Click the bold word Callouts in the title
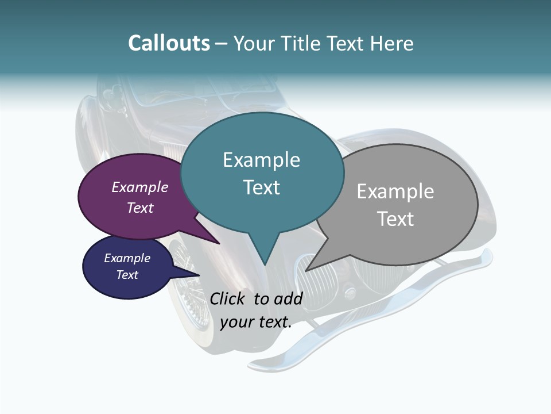pyautogui.click(x=169, y=44)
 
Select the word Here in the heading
pyautogui.click(x=392, y=44)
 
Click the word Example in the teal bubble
pyautogui.click(x=261, y=160)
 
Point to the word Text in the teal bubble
pyautogui.click(x=261, y=187)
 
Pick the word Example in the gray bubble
pyautogui.click(x=395, y=191)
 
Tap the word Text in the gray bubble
pyautogui.click(x=395, y=219)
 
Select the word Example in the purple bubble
pyautogui.click(x=140, y=187)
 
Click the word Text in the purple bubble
pyautogui.click(x=140, y=208)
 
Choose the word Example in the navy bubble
pyautogui.click(x=127, y=258)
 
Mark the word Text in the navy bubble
pyautogui.click(x=127, y=275)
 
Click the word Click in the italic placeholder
pyautogui.click(x=229, y=298)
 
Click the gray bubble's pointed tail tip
pyautogui.click(x=306, y=270)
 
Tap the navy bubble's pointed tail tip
pyautogui.click(x=199, y=275)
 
